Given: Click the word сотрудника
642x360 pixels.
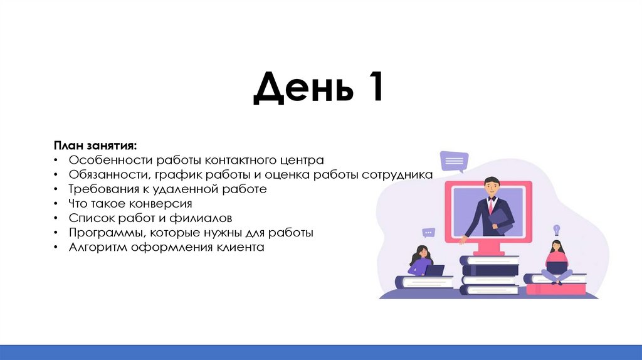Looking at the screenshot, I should click(397, 174).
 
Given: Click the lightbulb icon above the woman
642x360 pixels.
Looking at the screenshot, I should click(555, 230).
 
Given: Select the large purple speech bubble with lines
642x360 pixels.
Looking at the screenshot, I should click(453, 161).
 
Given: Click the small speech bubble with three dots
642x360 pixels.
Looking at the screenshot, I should click(429, 232).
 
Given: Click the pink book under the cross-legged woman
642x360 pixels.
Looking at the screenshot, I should click(555, 289).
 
